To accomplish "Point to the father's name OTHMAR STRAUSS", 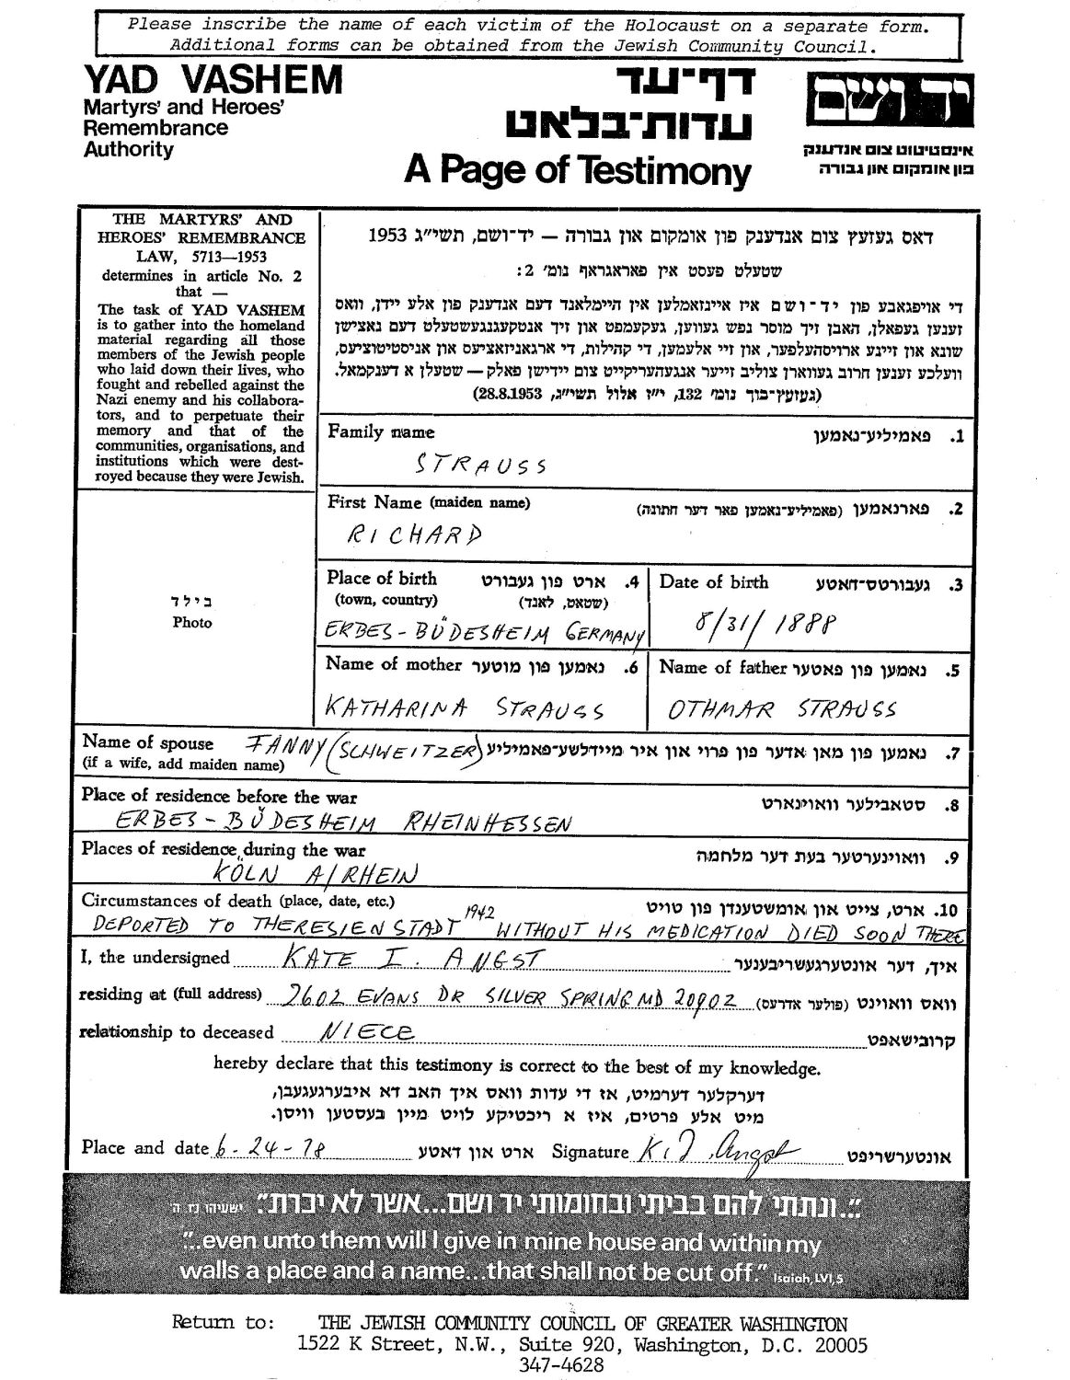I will [782, 709].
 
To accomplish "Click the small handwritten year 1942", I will [481, 912].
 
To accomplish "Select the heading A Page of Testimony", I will [577, 171].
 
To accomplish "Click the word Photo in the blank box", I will [192, 623].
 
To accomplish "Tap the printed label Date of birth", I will [714, 582].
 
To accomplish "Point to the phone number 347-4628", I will [570, 1364].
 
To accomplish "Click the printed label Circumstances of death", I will [177, 901].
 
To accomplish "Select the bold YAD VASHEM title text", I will [213, 81].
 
